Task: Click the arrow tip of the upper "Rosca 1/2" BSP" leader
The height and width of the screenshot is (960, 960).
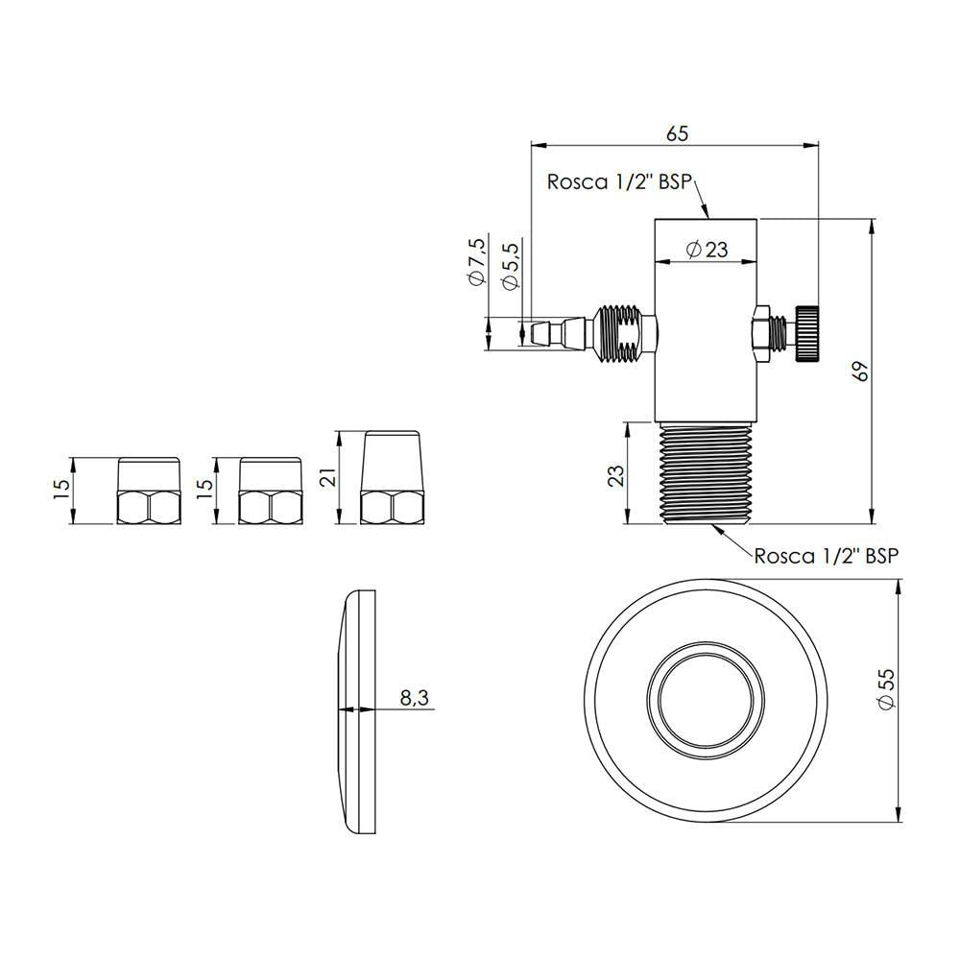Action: pyautogui.click(x=708, y=218)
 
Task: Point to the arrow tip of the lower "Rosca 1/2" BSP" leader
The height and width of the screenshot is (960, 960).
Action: pyautogui.click(x=710, y=525)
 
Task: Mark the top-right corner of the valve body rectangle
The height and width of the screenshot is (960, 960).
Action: pyautogui.click(x=756, y=219)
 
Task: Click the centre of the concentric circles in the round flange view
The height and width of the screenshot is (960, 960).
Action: pyautogui.click(x=706, y=701)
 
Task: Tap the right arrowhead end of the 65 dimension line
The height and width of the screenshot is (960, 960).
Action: pyautogui.click(x=819, y=145)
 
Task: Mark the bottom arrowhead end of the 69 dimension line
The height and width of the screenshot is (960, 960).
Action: pyautogui.click(x=872, y=524)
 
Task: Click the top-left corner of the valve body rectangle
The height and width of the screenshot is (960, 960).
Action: pyautogui.click(x=655, y=219)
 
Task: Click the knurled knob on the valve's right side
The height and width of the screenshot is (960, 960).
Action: pyautogui.click(x=807, y=333)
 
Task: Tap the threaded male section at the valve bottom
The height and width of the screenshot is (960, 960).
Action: pyautogui.click(x=706, y=473)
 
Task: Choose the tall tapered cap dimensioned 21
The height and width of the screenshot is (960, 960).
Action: pyautogui.click(x=392, y=478)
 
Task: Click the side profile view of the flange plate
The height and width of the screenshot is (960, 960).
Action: pyautogui.click(x=356, y=711)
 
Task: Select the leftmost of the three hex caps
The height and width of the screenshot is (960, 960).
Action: pyautogui.click(x=149, y=491)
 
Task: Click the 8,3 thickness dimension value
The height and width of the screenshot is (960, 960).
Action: pyautogui.click(x=415, y=697)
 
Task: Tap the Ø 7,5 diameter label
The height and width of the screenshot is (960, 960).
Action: pyautogui.click(x=477, y=260)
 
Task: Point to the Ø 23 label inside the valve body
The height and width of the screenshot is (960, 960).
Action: pyautogui.click(x=708, y=250)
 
